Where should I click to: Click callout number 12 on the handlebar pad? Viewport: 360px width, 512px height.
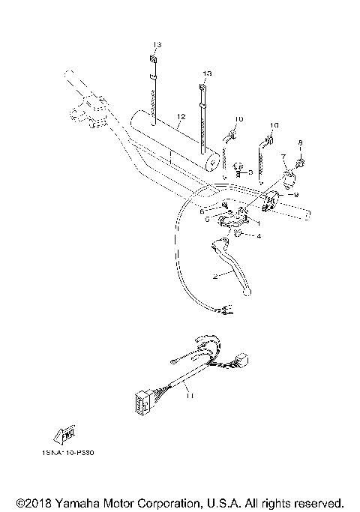point(180,117)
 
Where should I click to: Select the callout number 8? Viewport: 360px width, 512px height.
point(300,142)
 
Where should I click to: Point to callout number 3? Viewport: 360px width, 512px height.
point(250,172)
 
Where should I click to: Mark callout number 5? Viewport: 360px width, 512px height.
point(207,220)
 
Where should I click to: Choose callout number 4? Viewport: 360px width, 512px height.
point(259,237)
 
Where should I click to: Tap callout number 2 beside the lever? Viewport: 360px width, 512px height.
point(214,277)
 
